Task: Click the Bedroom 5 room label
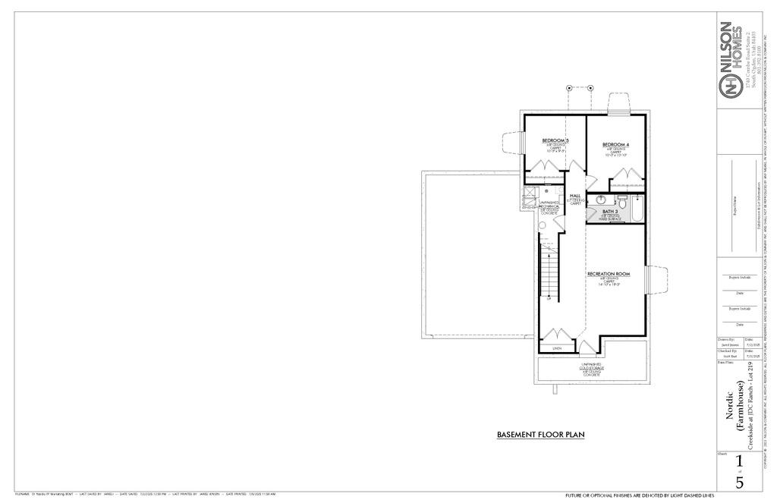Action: coord(555,140)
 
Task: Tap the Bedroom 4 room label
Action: coord(615,144)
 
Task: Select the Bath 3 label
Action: coord(611,212)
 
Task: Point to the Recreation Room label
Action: coord(609,273)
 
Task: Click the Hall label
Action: coord(575,196)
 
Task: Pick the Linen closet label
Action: coord(556,348)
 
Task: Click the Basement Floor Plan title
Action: coord(540,435)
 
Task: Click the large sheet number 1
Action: coord(740,461)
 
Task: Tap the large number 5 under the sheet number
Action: coord(740,482)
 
